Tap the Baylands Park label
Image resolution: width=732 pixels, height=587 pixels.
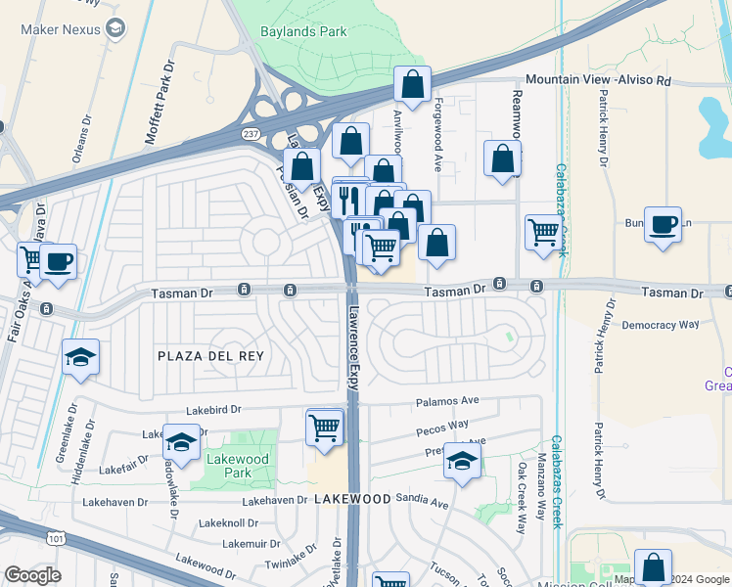point(303,31)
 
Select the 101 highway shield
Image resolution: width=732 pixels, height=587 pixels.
point(55,536)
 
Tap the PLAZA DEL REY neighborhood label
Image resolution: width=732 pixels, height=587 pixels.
point(210,356)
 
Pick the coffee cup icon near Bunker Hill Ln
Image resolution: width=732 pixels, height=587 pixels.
point(663,224)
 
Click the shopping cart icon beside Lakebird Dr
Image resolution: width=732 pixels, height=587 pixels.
point(324,427)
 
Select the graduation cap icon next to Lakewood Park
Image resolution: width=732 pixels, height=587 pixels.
point(181,441)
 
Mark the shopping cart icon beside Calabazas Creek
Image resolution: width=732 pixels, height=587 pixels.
point(543,232)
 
